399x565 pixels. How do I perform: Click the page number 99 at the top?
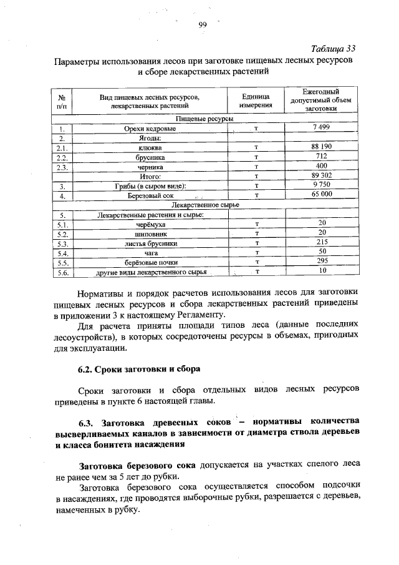202,24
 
